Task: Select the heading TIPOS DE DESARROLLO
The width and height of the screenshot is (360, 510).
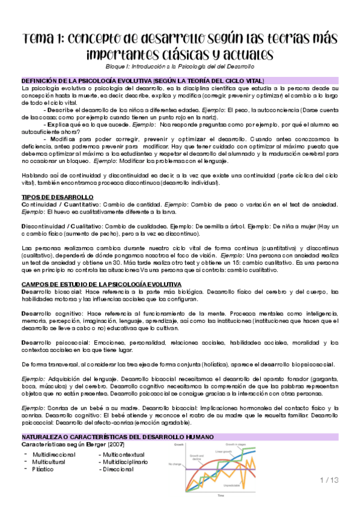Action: coord(57,197)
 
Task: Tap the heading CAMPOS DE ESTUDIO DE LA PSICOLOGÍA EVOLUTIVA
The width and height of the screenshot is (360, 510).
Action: coord(97,283)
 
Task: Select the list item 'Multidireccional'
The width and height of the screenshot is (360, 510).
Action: coord(58,455)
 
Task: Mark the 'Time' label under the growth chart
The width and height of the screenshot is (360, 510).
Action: coord(221,496)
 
